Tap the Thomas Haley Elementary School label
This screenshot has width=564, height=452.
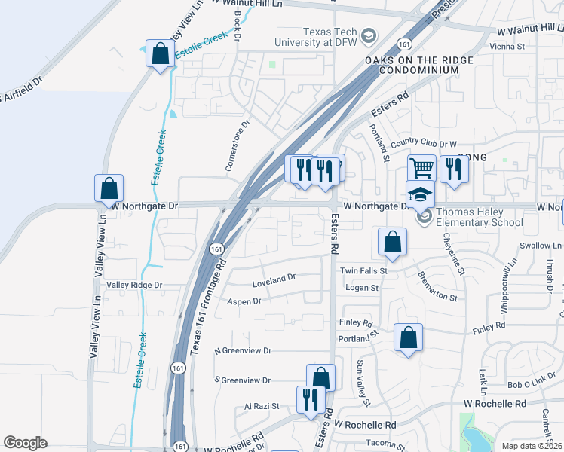479,217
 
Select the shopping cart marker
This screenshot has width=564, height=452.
421,168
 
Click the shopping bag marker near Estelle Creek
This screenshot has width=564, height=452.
160,54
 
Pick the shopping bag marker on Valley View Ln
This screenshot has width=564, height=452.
109,188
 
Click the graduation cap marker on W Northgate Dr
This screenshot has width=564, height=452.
421,194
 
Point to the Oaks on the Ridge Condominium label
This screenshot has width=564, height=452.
419,65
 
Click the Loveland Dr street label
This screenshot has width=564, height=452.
274,279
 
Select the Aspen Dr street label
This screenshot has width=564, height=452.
244,301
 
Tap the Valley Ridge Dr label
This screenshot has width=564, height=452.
134,285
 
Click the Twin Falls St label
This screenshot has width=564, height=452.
363,270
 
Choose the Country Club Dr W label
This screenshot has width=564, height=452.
424,143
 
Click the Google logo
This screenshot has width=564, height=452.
25,443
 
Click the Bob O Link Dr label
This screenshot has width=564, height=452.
536,384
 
